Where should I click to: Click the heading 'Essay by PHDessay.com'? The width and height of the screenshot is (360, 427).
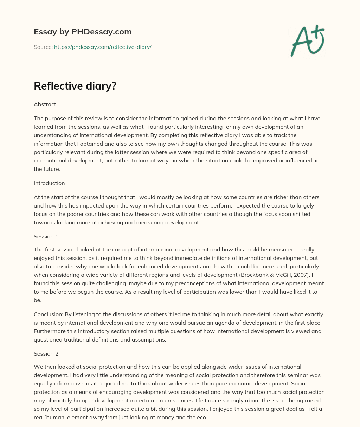(83, 32)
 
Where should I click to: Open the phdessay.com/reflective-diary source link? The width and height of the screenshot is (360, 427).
(103, 47)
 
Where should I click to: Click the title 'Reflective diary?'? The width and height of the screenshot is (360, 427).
(75, 86)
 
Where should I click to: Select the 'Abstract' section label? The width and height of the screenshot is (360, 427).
(45, 104)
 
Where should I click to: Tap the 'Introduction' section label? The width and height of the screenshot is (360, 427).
(49, 183)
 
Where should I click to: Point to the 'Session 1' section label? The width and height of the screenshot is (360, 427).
(46, 237)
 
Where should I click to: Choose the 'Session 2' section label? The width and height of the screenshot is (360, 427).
(46, 353)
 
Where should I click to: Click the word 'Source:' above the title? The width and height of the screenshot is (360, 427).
(43, 47)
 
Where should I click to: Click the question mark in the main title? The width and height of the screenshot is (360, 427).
(113, 86)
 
